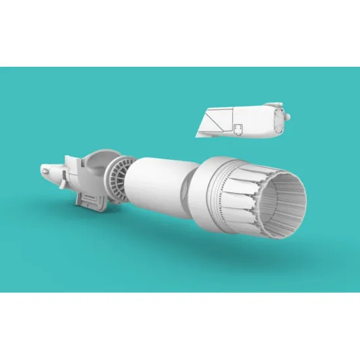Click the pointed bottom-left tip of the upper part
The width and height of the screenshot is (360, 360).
click(x=200, y=135)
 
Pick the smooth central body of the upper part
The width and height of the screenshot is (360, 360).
click(x=259, y=121)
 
